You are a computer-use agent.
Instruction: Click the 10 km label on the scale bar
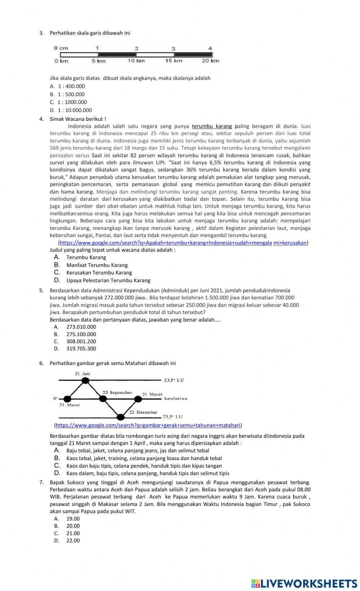tap(136, 61)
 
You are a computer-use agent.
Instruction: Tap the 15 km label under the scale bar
tap(174, 61)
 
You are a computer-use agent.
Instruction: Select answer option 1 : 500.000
tap(71, 94)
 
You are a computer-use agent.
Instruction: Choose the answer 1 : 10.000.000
tap(75, 110)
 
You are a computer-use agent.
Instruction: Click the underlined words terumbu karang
tap(212, 126)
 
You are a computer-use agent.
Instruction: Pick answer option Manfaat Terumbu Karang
tap(97, 265)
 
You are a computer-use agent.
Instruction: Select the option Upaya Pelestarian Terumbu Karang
tap(108, 280)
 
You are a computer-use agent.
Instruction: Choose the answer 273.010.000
tap(81, 327)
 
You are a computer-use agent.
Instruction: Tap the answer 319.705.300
tap(81, 349)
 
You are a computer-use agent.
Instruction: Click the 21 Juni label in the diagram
tap(82, 374)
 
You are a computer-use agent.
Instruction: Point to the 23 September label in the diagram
tap(117, 392)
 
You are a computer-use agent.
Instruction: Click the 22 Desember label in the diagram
tap(143, 412)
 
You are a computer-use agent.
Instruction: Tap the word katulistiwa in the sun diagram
tap(176, 399)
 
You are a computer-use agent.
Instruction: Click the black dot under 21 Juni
tap(85, 380)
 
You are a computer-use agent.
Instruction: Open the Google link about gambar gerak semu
tap(148, 425)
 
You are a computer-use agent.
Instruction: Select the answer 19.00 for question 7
tap(73, 519)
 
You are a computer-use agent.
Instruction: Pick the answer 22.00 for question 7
tap(73, 541)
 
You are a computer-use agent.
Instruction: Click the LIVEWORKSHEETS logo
tap(304, 583)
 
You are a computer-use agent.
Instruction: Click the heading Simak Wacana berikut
tap(78, 119)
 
